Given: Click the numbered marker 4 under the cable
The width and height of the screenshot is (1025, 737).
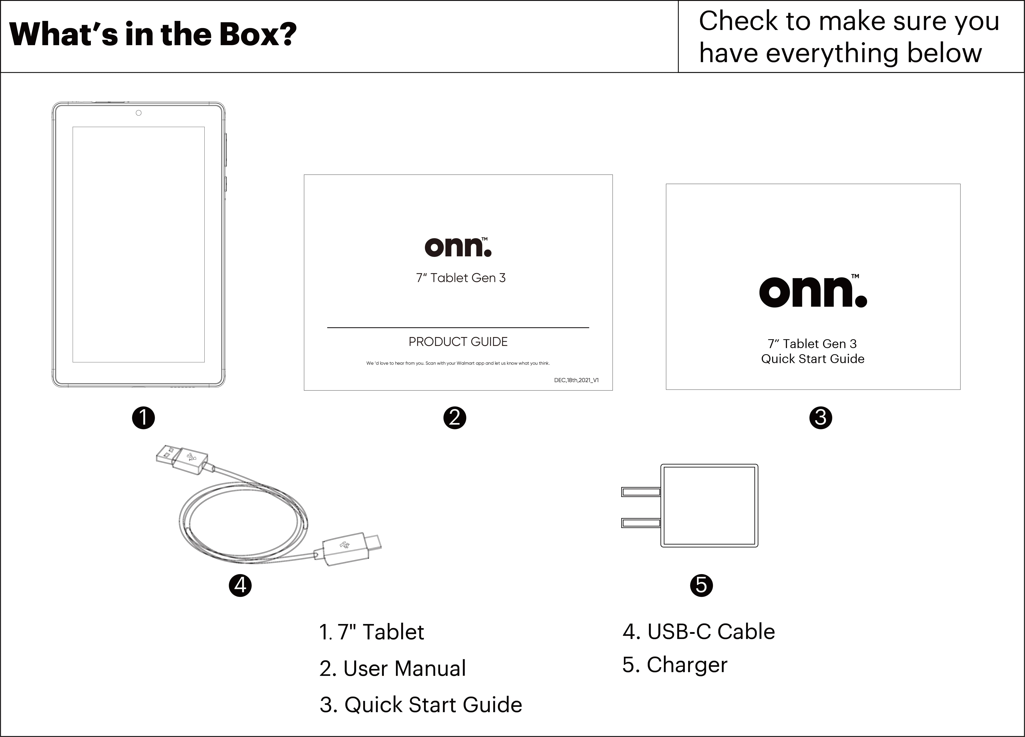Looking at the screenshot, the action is (x=240, y=586).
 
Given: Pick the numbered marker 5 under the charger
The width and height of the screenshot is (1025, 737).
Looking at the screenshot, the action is (x=701, y=586).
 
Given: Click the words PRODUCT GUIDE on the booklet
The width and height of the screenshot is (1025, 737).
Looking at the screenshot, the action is (x=458, y=342).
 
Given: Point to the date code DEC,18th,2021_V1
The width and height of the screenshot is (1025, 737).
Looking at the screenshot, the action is (x=576, y=380).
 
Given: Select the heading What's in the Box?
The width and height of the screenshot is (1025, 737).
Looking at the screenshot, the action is (x=153, y=34).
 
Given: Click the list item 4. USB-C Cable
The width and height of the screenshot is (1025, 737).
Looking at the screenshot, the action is (x=699, y=632).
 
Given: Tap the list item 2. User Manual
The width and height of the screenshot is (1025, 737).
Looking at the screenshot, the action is (x=392, y=668).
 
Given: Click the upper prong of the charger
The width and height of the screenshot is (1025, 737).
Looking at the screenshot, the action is (x=641, y=491).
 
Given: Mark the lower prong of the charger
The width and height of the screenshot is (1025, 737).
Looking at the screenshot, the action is (x=641, y=523).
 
